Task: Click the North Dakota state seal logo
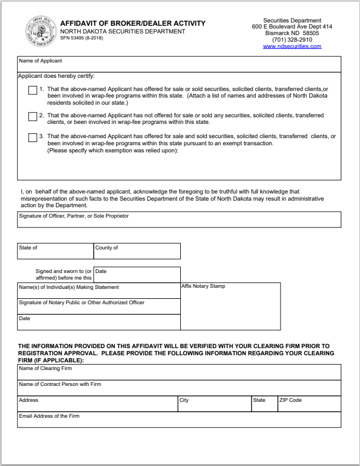coord(40,32)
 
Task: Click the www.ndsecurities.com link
coord(292,47)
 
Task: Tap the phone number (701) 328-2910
coord(292,40)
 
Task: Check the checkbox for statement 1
coord(32,91)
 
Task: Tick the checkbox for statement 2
coord(32,116)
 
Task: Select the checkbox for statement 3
coord(32,137)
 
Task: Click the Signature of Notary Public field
coord(99,306)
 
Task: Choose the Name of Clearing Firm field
coord(179,372)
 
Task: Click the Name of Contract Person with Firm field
coord(179,388)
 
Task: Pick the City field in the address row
coord(214,404)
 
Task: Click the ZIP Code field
coord(309,404)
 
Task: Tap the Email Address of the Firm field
coord(179,420)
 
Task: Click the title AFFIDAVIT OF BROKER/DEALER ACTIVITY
coord(133,24)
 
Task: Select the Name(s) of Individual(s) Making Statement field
coord(99,291)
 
